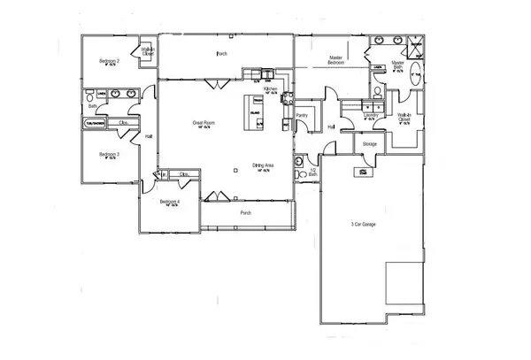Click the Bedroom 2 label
pyautogui.click(x=110, y=60)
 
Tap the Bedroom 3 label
pyautogui.click(x=109, y=154)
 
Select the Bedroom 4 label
pyautogui.click(x=170, y=202)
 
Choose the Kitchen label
pyautogui.click(x=272, y=89)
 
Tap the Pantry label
pyautogui.click(x=301, y=115)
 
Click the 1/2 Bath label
pyautogui.click(x=313, y=173)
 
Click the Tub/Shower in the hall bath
pyautogui.click(x=95, y=123)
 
